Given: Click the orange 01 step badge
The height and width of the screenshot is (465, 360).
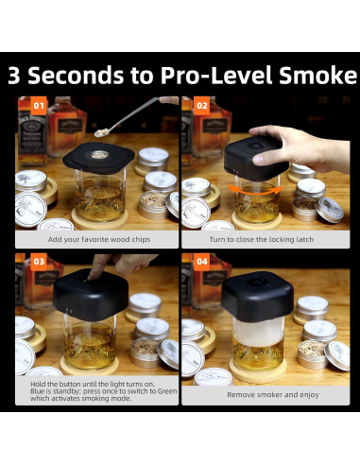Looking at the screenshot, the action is (x=39, y=106).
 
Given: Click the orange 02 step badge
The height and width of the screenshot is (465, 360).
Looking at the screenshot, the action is (x=201, y=106).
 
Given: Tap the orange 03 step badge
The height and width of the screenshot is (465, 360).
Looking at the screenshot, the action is (x=39, y=262).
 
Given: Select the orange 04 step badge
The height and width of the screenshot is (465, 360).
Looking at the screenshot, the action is (x=201, y=262).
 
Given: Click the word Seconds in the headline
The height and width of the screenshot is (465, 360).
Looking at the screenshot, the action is (x=76, y=76).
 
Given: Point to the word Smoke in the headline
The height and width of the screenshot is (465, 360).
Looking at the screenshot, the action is (x=317, y=76).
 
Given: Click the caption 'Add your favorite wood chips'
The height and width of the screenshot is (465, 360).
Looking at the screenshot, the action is (x=99, y=239).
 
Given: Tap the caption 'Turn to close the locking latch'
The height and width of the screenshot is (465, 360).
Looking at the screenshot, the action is (x=262, y=239).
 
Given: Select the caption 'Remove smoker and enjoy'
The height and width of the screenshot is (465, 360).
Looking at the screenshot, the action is (x=273, y=395).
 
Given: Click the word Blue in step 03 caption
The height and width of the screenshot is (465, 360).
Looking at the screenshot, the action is (x=36, y=391).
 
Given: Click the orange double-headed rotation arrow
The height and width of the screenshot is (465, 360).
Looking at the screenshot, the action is (x=256, y=190).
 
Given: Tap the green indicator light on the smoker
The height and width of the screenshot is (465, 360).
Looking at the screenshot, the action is (x=85, y=281).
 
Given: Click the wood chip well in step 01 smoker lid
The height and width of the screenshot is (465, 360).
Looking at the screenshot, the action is (x=98, y=155).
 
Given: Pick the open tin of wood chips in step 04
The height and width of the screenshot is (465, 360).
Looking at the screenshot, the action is (x=311, y=354).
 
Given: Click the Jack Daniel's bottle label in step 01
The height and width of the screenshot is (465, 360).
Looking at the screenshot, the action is (x=33, y=134).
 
